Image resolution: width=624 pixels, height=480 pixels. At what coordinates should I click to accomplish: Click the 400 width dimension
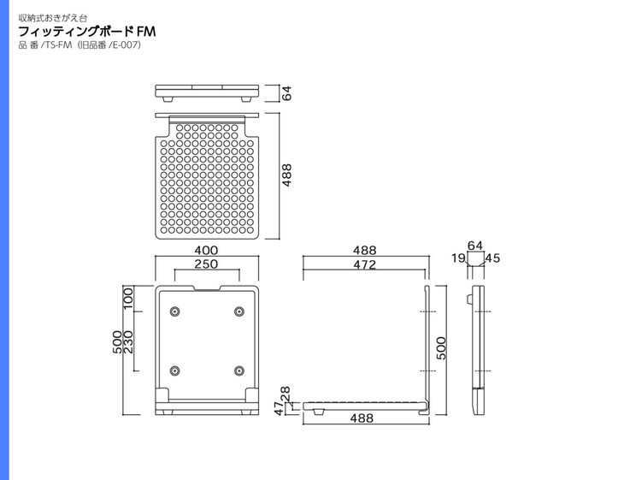click(x=206, y=250)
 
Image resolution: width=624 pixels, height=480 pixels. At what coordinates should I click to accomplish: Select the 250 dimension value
click(x=206, y=264)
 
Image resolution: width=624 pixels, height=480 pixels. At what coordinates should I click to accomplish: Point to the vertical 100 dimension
click(x=128, y=299)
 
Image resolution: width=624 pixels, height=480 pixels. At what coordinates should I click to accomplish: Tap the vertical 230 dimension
click(x=128, y=342)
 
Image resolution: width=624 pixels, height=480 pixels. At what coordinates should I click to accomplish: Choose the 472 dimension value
click(x=364, y=264)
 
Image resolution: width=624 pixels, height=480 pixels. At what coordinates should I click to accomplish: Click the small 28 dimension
click(x=286, y=394)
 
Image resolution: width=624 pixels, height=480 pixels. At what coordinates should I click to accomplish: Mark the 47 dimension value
click(x=280, y=408)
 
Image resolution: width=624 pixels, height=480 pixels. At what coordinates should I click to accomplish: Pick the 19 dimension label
click(x=458, y=258)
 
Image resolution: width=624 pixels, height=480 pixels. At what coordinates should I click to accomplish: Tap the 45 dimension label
click(x=492, y=258)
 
